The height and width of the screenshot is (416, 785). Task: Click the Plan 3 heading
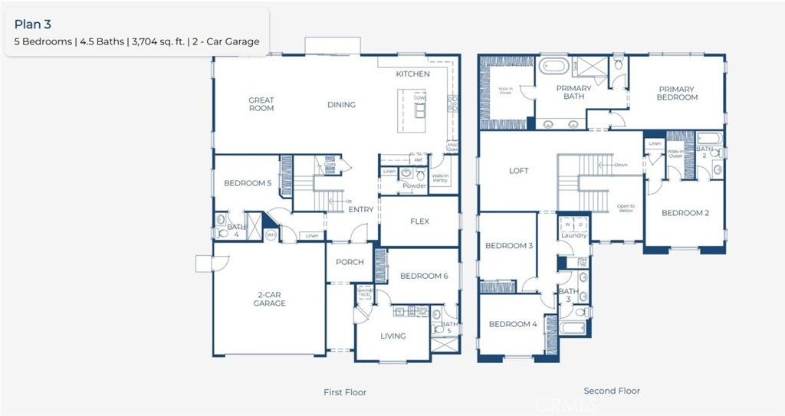pos(32,24)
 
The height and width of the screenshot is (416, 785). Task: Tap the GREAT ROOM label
pos(261,104)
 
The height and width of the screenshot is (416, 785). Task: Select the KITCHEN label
pos(412,74)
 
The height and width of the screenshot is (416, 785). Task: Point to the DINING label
pos(341,105)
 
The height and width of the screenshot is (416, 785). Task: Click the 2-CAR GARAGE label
pos(269,299)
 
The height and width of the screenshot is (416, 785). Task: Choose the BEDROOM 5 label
pos(248,184)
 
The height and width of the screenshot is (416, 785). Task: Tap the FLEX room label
pos(419,221)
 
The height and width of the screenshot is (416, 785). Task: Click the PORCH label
pos(350,262)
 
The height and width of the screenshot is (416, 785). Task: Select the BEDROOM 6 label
pos(424,276)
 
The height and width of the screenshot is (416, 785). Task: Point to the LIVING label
pos(393,336)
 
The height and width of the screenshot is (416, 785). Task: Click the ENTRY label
pos(361,210)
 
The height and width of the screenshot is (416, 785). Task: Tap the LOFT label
pos(518,171)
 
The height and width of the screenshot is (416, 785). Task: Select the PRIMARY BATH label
pos(573,93)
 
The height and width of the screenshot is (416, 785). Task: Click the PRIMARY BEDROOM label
pos(677,93)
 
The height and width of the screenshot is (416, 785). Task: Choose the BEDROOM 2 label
pos(685,213)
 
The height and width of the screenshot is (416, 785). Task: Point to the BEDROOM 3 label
pos(509,246)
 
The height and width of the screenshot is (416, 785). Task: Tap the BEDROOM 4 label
pos(513,324)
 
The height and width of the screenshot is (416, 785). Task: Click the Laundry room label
pos(573,236)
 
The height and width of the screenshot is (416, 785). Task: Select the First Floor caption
pos(345,392)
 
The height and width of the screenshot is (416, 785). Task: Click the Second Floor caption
pos(612,391)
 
